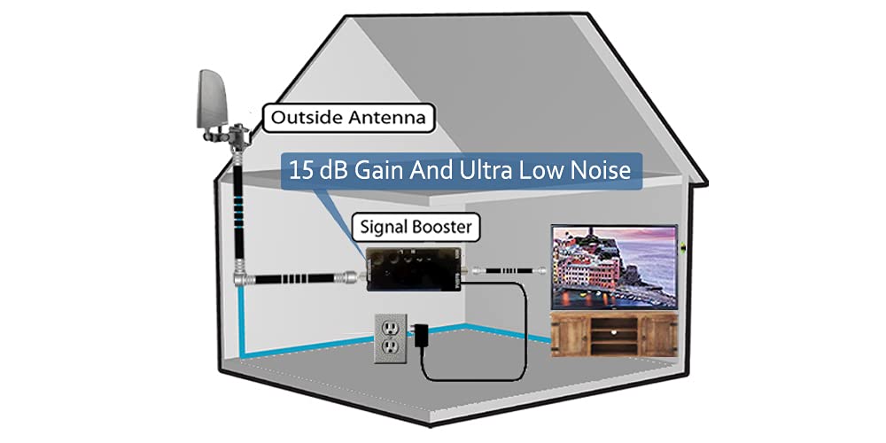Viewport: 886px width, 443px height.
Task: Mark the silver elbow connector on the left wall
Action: coord(239,276)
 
